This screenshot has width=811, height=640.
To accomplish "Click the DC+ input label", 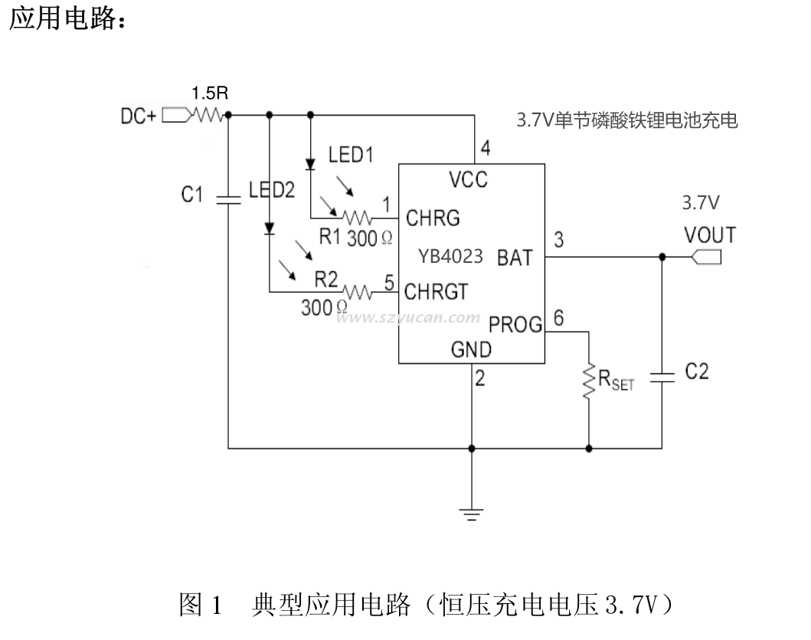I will point(139,116).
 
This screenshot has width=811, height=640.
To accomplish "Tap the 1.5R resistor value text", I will point(209,94).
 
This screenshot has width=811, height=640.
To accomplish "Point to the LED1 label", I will point(351,155).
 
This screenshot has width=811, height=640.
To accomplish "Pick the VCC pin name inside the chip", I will point(468,180).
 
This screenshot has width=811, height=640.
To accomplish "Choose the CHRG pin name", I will point(433,218).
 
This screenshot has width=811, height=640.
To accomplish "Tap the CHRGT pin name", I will point(436,292).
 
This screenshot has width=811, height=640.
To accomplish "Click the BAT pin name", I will point(514,258).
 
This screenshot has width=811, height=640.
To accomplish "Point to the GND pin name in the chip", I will point(471,350).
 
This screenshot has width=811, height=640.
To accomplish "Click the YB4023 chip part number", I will point(450,256).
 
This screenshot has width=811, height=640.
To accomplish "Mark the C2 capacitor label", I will point(696,372).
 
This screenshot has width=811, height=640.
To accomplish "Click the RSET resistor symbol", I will point(589,381).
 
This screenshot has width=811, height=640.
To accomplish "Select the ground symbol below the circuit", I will point(472,514).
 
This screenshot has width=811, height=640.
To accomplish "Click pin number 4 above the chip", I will point(484,149).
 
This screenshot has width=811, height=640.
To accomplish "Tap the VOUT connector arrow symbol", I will point(705,258).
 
